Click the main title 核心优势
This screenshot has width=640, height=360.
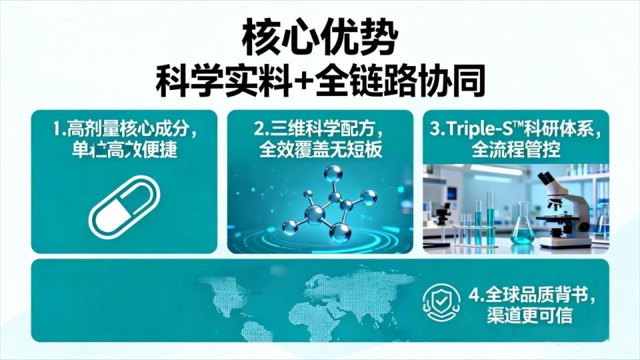[x=319, y=38]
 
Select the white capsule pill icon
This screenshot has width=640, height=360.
[x=124, y=206]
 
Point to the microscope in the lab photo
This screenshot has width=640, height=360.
[x=560, y=207]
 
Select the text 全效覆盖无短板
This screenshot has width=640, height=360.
[x=320, y=150]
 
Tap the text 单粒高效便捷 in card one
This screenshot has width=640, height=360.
[x=124, y=150]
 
